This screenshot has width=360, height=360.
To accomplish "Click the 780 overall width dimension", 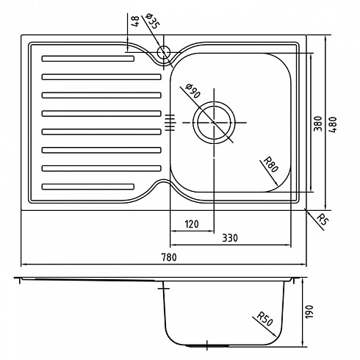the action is point(169,257).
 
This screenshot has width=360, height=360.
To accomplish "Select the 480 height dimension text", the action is point(334,125).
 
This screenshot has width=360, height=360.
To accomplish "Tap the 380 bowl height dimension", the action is point(318,123).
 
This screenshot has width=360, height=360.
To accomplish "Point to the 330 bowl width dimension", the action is point(230,238).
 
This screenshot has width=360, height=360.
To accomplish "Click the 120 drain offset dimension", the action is point(192,224).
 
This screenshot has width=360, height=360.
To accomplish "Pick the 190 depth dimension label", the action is point(309,312).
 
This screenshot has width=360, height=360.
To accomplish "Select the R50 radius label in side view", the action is point(264,318).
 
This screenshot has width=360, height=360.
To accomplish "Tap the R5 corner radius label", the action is point(323,219).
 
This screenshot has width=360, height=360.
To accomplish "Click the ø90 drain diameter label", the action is point(193,91).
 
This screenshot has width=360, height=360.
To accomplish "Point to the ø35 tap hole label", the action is point(153,21).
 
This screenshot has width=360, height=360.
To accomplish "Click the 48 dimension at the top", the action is point(134,21).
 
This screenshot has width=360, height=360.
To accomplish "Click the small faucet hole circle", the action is point(164,52).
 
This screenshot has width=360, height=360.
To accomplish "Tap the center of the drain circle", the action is point(214,123).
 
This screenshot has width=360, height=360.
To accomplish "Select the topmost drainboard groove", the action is point(88,59).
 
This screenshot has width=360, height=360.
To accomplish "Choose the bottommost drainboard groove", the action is point(88,187).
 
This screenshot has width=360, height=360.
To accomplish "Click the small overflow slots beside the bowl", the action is point(170,123).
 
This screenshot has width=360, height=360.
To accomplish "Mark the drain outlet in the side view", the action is point(207,345).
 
